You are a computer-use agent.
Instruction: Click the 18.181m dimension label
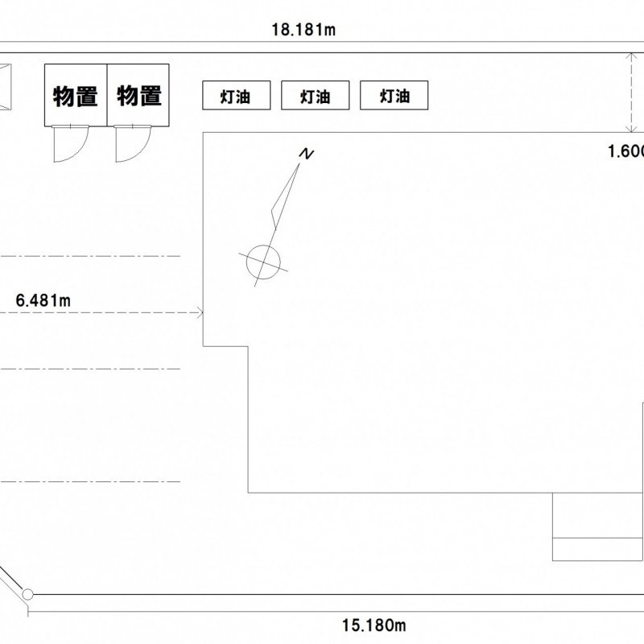(x=303, y=31)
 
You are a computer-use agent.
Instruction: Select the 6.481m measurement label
(x=44, y=301)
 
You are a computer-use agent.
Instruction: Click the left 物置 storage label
(x=75, y=97)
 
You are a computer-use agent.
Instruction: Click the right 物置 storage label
(x=139, y=96)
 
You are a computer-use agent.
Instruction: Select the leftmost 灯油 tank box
(x=235, y=97)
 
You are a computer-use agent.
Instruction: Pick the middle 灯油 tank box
(x=315, y=97)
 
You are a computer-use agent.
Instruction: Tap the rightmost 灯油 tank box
(x=394, y=97)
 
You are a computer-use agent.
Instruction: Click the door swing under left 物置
(x=68, y=143)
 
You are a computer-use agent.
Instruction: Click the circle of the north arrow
(x=263, y=259)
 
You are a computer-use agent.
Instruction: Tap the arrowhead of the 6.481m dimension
(x=198, y=312)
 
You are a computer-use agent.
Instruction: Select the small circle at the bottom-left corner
(x=28, y=595)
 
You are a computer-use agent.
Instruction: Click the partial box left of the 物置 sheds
(x=5, y=86)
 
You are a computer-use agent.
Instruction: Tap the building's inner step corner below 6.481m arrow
(x=248, y=347)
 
